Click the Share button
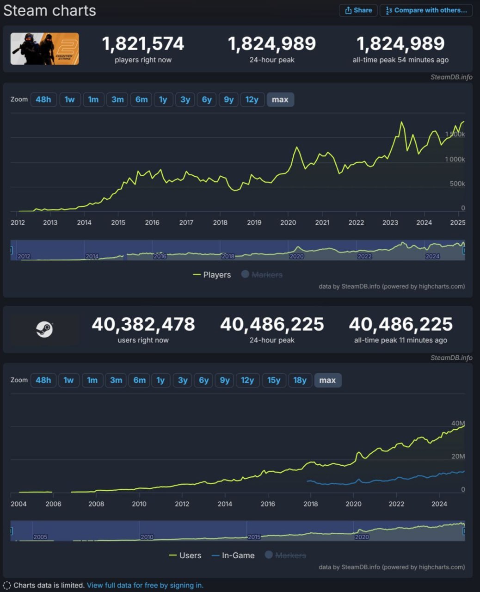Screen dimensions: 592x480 click(x=358, y=10)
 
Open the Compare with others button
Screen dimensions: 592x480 click(x=426, y=10)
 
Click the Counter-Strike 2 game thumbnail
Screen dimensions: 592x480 click(x=45, y=49)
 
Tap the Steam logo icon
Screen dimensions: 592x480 click(x=45, y=329)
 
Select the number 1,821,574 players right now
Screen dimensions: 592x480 click(x=143, y=44)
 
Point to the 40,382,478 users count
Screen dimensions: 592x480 click(x=143, y=324)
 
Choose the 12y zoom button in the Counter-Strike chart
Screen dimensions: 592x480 click(x=252, y=99)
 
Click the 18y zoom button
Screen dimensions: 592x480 click(x=300, y=380)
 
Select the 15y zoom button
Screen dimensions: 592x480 click(x=274, y=380)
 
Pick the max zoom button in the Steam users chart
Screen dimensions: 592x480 click(x=327, y=380)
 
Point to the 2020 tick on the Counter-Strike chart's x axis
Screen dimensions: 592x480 click(x=288, y=222)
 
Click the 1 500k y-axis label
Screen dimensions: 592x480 click(x=455, y=135)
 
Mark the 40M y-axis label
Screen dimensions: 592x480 click(x=458, y=423)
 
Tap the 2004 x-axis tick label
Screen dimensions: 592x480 click(x=18, y=504)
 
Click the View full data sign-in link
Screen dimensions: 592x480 click(x=145, y=585)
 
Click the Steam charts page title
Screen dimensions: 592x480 click(x=50, y=11)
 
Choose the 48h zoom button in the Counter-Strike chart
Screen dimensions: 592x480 click(x=43, y=99)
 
